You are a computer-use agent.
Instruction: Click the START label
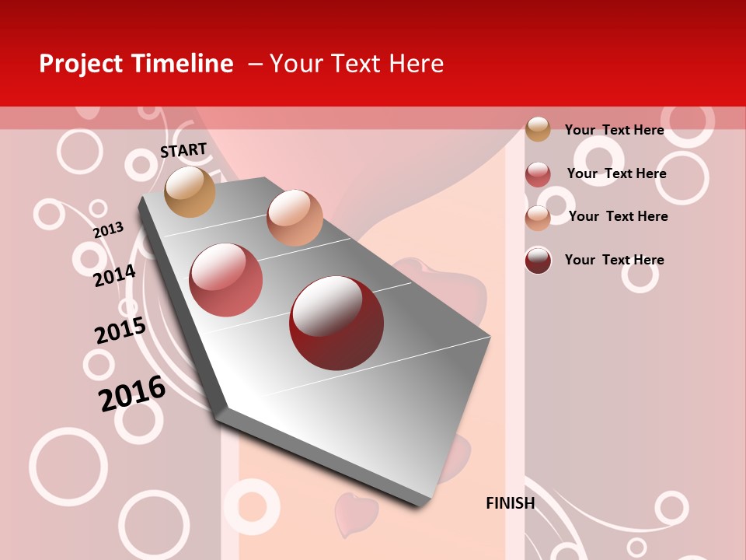pyautogui.click(x=183, y=150)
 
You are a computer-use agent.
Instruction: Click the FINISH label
pyautogui.click(x=510, y=503)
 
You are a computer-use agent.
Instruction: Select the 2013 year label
pyautogui.click(x=108, y=230)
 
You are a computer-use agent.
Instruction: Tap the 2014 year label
pyautogui.click(x=114, y=275)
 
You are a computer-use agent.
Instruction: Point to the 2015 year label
pyautogui.click(x=120, y=331)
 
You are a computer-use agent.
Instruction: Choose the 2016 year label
pyautogui.click(x=132, y=393)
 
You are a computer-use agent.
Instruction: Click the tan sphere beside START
pyautogui.click(x=190, y=191)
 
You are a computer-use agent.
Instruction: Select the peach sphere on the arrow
pyautogui.click(x=295, y=217)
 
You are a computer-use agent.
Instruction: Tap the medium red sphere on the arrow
pyautogui.click(x=226, y=280)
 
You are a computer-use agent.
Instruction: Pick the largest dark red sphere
pyautogui.click(x=336, y=323)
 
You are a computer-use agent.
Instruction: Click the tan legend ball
pyautogui.click(x=538, y=129)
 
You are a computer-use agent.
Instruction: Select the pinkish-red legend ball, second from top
pyautogui.click(x=538, y=174)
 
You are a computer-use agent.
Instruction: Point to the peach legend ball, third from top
pyautogui.click(x=538, y=218)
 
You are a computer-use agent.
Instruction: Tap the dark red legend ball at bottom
pyautogui.click(x=538, y=261)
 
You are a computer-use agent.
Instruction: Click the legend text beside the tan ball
pyautogui.click(x=614, y=130)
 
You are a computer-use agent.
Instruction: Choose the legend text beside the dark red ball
pyautogui.click(x=614, y=260)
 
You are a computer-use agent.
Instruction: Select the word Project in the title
pyautogui.click(x=81, y=64)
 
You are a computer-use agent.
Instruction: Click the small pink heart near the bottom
pyautogui.click(x=355, y=513)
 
